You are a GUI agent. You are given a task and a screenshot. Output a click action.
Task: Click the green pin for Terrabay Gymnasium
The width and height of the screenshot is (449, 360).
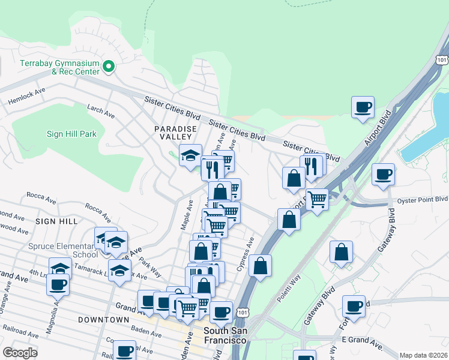tap(109, 67)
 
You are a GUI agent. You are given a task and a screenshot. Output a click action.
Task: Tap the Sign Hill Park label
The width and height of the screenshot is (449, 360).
tap(71, 134)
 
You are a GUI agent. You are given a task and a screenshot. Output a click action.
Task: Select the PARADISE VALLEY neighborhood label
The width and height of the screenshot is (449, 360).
tap(175, 133)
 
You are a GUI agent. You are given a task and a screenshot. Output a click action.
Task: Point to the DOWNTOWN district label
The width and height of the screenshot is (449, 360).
tap(103, 320)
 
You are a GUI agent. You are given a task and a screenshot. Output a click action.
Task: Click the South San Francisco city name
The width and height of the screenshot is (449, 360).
tap(225, 335)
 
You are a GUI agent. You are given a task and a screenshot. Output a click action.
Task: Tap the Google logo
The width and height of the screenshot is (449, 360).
tap(20, 353)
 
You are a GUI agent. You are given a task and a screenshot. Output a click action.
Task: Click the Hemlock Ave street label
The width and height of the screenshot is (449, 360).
tap(26, 97)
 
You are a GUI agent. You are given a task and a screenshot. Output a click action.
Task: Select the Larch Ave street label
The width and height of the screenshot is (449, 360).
tap(100, 112)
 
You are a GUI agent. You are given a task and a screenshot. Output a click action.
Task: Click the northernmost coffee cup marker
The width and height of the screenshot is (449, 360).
tap(363, 107)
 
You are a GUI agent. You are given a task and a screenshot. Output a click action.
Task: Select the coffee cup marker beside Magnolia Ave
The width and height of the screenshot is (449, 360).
tap(58, 284)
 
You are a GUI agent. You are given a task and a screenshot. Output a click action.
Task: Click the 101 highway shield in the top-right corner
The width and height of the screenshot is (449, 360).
tap(442, 60)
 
